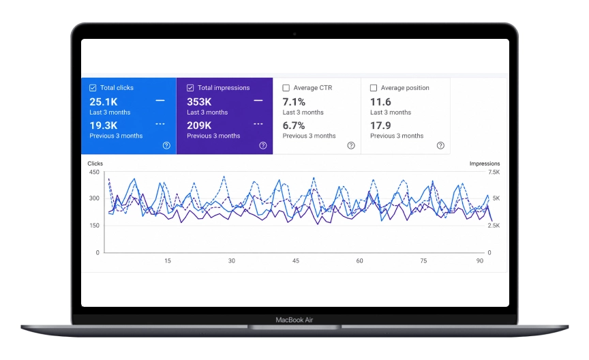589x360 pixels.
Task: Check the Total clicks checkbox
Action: [93, 88]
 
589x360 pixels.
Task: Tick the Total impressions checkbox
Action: [190, 88]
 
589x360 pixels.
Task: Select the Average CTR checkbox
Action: [286, 88]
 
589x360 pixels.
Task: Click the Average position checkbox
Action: [374, 88]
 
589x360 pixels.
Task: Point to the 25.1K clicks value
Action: [104, 102]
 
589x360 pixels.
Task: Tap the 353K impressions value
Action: [199, 102]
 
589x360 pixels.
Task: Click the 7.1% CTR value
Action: [294, 102]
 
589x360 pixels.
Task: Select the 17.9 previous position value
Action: [380, 125]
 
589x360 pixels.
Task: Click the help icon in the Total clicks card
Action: [166, 145]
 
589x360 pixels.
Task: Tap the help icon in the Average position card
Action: [440, 145]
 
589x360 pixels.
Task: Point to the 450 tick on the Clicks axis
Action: [94, 172]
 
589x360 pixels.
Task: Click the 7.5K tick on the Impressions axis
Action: [494, 172]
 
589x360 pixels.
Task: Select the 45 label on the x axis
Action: [296, 260]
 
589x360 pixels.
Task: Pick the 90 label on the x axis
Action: [480, 260]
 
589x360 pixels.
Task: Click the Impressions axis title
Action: [485, 164]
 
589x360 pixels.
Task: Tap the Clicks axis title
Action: [95, 164]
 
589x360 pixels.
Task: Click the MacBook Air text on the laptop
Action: [294, 320]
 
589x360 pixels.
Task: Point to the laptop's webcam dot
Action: [294, 34]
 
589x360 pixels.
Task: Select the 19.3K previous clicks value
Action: [104, 125]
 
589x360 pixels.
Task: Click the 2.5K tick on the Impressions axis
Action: [494, 226]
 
